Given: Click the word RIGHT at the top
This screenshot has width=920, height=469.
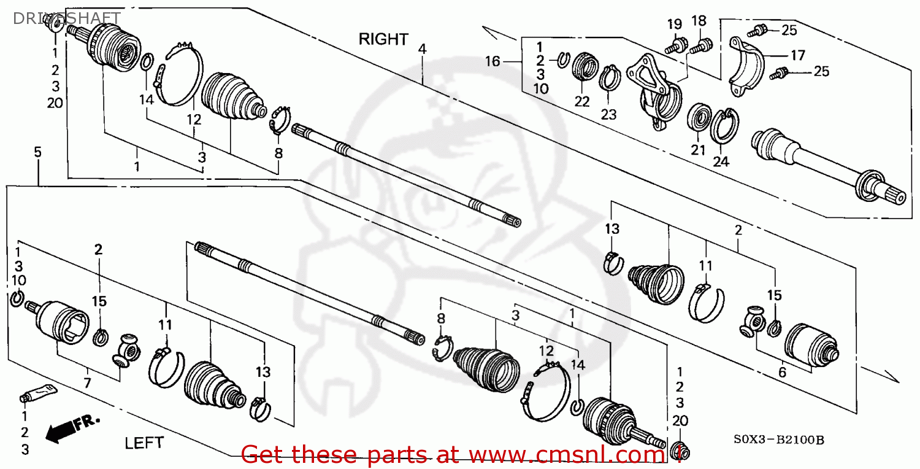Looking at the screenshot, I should [x=383, y=39].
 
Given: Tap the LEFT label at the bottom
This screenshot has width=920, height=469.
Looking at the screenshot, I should [x=145, y=442].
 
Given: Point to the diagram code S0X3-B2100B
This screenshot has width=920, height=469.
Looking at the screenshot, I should [x=778, y=440].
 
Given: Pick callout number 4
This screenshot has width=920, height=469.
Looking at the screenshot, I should [x=422, y=48].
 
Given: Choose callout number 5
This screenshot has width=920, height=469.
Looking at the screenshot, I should [x=37, y=152].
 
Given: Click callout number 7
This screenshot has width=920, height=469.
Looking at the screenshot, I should [x=87, y=384].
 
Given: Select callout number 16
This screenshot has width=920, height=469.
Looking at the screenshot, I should [x=493, y=61].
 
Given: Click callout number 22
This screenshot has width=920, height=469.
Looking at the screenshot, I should [x=582, y=101].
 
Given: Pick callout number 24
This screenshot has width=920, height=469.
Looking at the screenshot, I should [x=721, y=161].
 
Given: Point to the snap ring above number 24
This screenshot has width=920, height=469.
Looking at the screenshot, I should [x=724, y=126].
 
